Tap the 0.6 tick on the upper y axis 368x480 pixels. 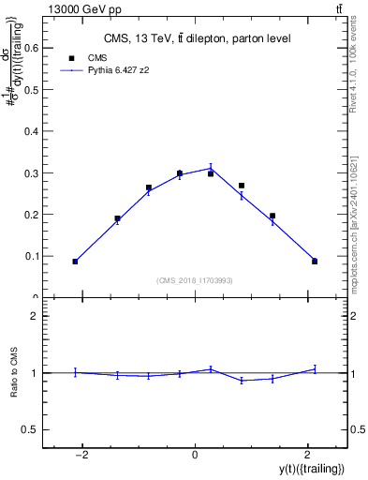click(45, 49)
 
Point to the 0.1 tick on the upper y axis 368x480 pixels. click(45, 256)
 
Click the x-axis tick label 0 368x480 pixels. click(195, 456)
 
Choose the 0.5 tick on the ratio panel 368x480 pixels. click(45, 429)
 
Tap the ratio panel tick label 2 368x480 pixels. click(35, 317)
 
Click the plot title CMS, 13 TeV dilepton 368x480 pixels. click(196, 38)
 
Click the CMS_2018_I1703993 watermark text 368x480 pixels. click(196, 279)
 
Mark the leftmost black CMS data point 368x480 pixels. click(75, 262)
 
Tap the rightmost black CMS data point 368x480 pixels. click(315, 262)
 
